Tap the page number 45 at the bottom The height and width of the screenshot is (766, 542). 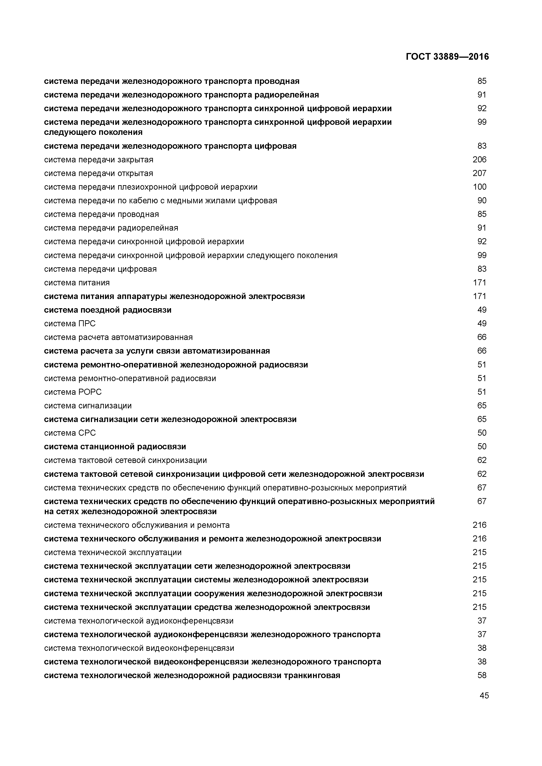[484, 695]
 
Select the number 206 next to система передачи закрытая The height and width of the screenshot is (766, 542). [479, 159]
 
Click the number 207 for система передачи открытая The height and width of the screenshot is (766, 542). [479, 173]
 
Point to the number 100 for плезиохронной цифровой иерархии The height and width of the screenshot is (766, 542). [479, 187]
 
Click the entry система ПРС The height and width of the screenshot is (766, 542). [70, 324]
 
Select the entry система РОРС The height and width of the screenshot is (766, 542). [73, 392]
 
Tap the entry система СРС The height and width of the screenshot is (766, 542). [70, 433]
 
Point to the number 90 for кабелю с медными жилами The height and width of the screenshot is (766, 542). [482, 201]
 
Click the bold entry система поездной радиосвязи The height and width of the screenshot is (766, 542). [107, 310]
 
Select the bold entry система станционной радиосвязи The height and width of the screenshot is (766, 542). [115, 447]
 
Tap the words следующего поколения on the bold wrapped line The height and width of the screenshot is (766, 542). [93, 132]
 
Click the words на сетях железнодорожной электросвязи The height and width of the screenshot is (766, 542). [130, 511]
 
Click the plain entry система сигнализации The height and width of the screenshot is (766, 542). [88, 406]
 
